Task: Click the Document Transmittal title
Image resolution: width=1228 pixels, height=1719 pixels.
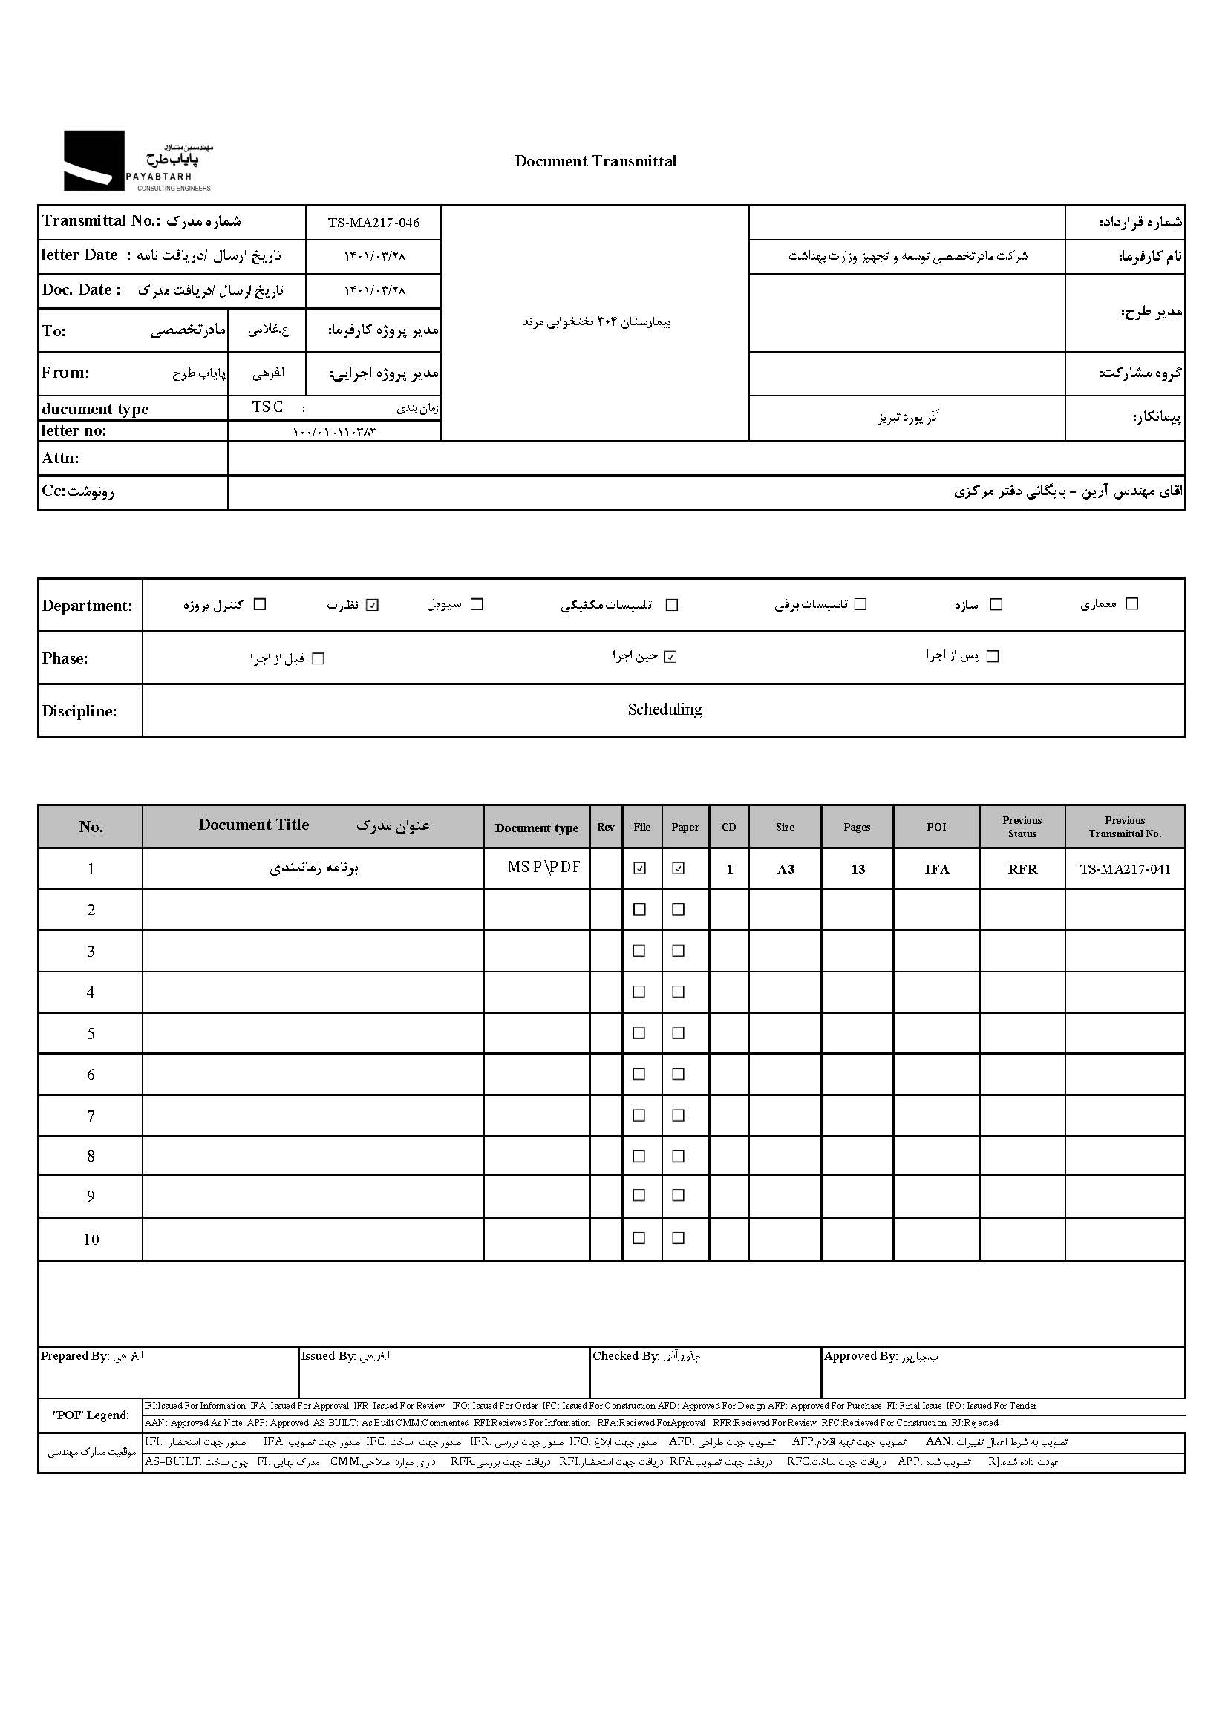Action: pyautogui.click(x=595, y=161)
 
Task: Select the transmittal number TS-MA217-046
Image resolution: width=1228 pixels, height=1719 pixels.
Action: pyautogui.click(x=373, y=223)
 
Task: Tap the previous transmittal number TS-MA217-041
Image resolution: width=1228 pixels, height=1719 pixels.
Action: pyautogui.click(x=1124, y=869)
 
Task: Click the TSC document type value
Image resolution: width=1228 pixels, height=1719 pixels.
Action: pyautogui.click(x=268, y=407)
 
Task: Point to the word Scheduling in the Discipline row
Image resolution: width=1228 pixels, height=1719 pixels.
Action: pyautogui.click(x=664, y=710)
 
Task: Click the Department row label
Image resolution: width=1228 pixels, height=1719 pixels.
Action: pyautogui.click(x=87, y=606)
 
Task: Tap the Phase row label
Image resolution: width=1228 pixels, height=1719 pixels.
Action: pyautogui.click(x=65, y=658)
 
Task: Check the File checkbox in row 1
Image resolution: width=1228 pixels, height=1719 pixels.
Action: pyautogui.click(x=640, y=868)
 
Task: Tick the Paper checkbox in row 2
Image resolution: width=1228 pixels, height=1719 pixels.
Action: pyautogui.click(x=679, y=909)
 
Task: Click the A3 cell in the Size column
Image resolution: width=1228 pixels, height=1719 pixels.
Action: pyautogui.click(x=786, y=869)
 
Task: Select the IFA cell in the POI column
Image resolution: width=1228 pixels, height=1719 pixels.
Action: pyautogui.click(x=936, y=869)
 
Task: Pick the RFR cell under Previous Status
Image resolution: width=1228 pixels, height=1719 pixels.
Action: pyautogui.click(x=1022, y=869)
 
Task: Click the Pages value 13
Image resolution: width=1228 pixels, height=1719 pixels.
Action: pyautogui.click(x=858, y=869)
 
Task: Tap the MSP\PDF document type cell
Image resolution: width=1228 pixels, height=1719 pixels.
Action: pyautogui.click(x=543, y=868)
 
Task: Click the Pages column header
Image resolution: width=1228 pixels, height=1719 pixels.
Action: pyautogui.click(x=857, y=827)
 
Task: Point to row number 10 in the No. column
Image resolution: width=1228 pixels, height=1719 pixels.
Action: pyautogui.click(x=91, y=1239)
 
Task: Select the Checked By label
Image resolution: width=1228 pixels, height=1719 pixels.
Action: pyautogui.click(x=626, y=1356)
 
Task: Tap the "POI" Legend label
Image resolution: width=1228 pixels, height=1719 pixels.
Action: pyautogui.click(x=91, y=1415)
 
